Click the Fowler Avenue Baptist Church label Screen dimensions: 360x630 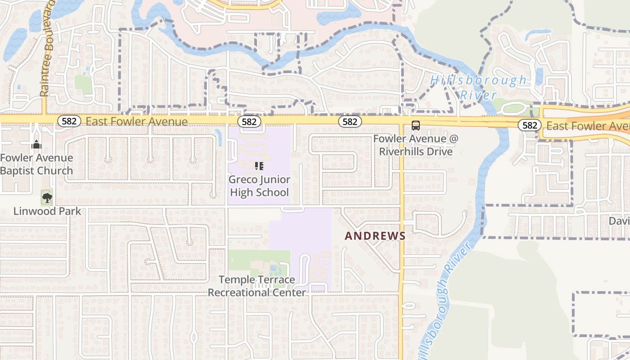36,164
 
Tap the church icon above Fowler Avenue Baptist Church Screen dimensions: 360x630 36,144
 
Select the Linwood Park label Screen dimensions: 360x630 47,211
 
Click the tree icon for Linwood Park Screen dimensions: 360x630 47,197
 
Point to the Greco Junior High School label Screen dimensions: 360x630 259,186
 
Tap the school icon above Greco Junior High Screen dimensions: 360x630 259,166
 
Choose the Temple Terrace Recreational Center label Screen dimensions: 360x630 257,286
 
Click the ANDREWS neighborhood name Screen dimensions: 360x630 375,236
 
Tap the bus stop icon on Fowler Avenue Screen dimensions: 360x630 415,126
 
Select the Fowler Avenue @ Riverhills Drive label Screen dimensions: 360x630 416,145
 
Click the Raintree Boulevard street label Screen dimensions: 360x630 47,47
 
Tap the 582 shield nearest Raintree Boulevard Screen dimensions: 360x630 69,121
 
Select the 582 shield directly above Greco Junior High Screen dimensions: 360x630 249,121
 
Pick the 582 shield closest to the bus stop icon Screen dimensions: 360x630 350,121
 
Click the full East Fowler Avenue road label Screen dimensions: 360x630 136,121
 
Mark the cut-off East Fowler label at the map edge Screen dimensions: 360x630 588,126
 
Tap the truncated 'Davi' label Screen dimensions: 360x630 619,221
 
